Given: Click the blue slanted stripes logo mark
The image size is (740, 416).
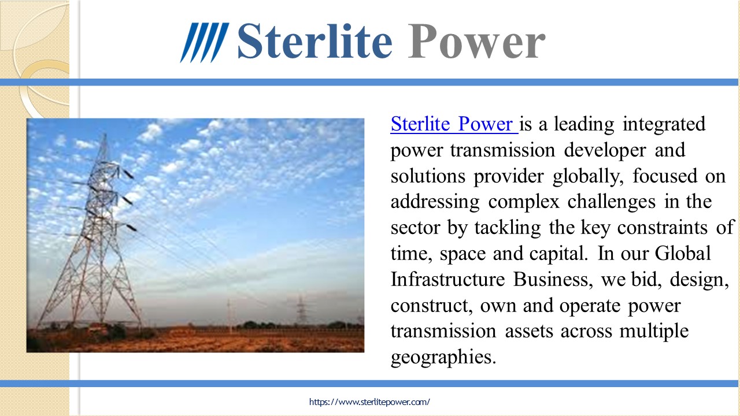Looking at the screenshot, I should [x=204, y=42].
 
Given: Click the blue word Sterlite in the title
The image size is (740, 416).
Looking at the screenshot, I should [x=314, y=42].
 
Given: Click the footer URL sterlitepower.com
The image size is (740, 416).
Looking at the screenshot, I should [x=369, y=402].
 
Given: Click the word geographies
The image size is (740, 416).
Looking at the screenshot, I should [x=443, y=358].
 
